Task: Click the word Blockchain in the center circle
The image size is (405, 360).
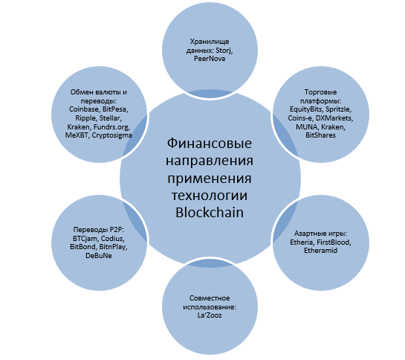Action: [x=210, y=213]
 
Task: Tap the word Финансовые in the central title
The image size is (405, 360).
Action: [x=210, y=144]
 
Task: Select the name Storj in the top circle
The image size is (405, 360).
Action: [x=224, y=50]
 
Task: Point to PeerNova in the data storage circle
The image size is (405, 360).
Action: [x=210, y=59]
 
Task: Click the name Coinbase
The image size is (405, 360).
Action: [x=85, y=109]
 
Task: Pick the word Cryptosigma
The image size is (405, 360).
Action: [x=112, y=135]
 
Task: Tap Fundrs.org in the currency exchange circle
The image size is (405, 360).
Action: [x=111, y=126]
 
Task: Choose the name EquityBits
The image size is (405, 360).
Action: [x=307, y=109]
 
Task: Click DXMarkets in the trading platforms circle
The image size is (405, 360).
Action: [x=334, y=118]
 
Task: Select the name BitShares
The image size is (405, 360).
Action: [x=320, y=135]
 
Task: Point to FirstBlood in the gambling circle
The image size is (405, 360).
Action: [x=334, y=242]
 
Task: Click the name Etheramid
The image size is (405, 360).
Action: [x=320, y=251]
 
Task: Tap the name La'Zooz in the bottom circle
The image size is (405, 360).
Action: [x=210, y=315]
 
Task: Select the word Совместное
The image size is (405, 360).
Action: [x=210, y=298]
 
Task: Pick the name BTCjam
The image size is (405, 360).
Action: [x=85, y=238]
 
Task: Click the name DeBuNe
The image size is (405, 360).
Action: [x=99, y=256]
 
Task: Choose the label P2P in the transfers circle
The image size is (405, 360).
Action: [x=117, y=230]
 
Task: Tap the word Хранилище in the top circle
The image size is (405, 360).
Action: [x=210, y=42]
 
